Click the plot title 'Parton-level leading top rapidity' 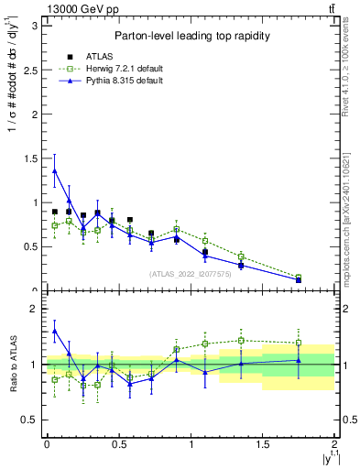[190, 36]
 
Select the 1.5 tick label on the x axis [263, 444]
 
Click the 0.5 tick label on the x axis [118, 444]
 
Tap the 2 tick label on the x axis [334, 444]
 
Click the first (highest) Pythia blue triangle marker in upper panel [55, 170]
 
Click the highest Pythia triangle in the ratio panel [55, 332]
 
